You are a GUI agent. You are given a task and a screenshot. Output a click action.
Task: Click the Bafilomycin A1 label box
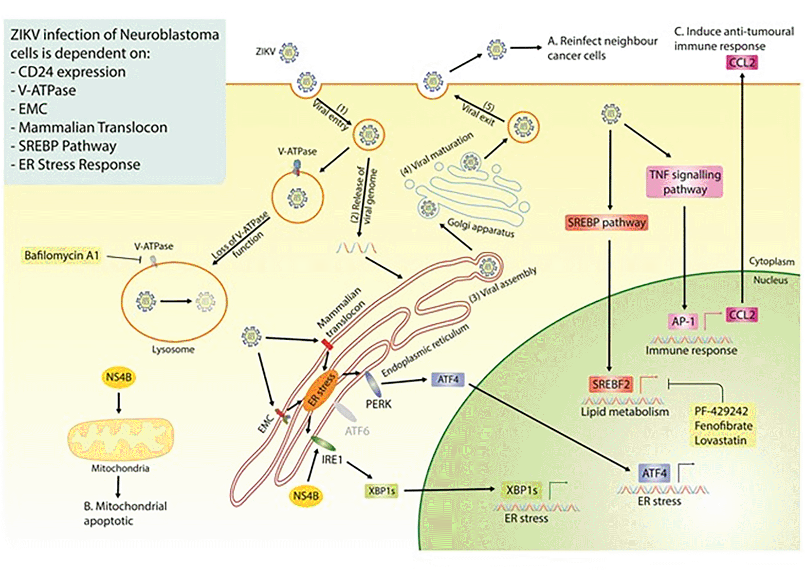(61, 256)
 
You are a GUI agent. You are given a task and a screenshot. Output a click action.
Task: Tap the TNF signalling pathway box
(685, 182)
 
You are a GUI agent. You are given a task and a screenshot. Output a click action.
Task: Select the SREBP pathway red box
(607, 223)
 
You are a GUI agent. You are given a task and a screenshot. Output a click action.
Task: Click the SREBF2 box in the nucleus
(611, 384)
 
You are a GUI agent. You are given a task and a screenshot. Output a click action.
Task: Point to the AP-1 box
(683, 321)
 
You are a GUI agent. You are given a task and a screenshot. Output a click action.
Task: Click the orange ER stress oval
(321, 390)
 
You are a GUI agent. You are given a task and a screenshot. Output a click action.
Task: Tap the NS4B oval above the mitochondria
(119, 377)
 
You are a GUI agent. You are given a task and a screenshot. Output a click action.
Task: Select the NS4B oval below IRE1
(306, 496)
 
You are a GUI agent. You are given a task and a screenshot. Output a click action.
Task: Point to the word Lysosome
(173, 349)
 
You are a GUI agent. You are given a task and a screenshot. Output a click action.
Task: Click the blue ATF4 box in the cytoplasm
(448, 380)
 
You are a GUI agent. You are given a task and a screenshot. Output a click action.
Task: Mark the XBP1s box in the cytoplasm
(381, 491)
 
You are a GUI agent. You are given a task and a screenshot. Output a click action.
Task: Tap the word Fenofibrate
(723, 426)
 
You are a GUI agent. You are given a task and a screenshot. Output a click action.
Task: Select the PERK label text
(379, 404)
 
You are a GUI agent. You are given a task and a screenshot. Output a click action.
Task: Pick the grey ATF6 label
(357, 431)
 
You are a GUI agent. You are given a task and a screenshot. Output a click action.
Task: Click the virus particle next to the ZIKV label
(289, 53)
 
